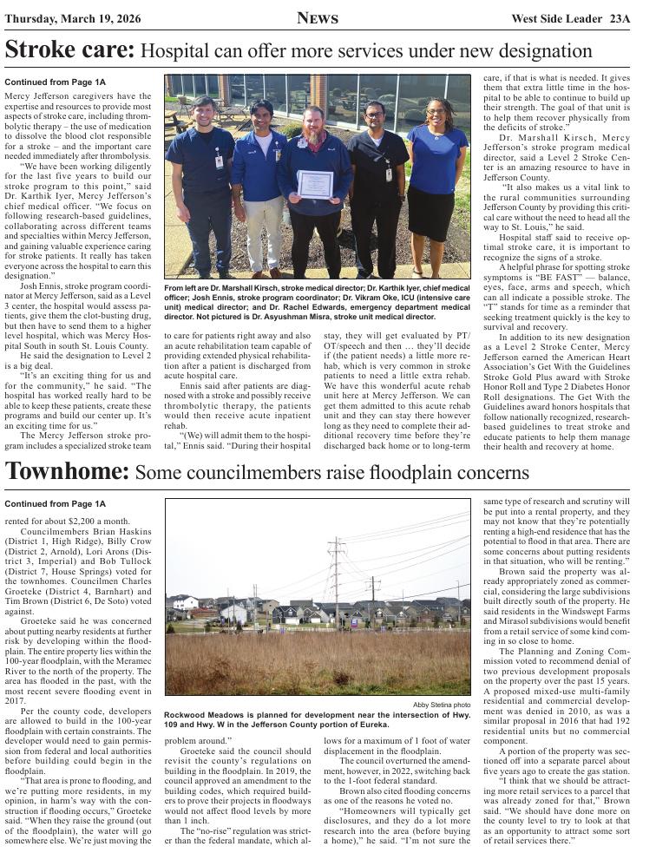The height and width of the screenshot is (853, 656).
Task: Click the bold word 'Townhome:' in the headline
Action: (x=68, y=472)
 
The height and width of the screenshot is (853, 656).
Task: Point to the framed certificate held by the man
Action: (x=315, y=184)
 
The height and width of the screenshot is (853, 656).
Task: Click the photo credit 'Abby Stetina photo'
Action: (x=442, y=705)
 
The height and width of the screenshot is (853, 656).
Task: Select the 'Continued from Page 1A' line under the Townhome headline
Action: (x=55, y=503)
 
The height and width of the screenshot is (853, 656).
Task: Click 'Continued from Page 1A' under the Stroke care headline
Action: (x=55, y=82)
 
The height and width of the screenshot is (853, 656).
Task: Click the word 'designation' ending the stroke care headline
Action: (x=544, y=51)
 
